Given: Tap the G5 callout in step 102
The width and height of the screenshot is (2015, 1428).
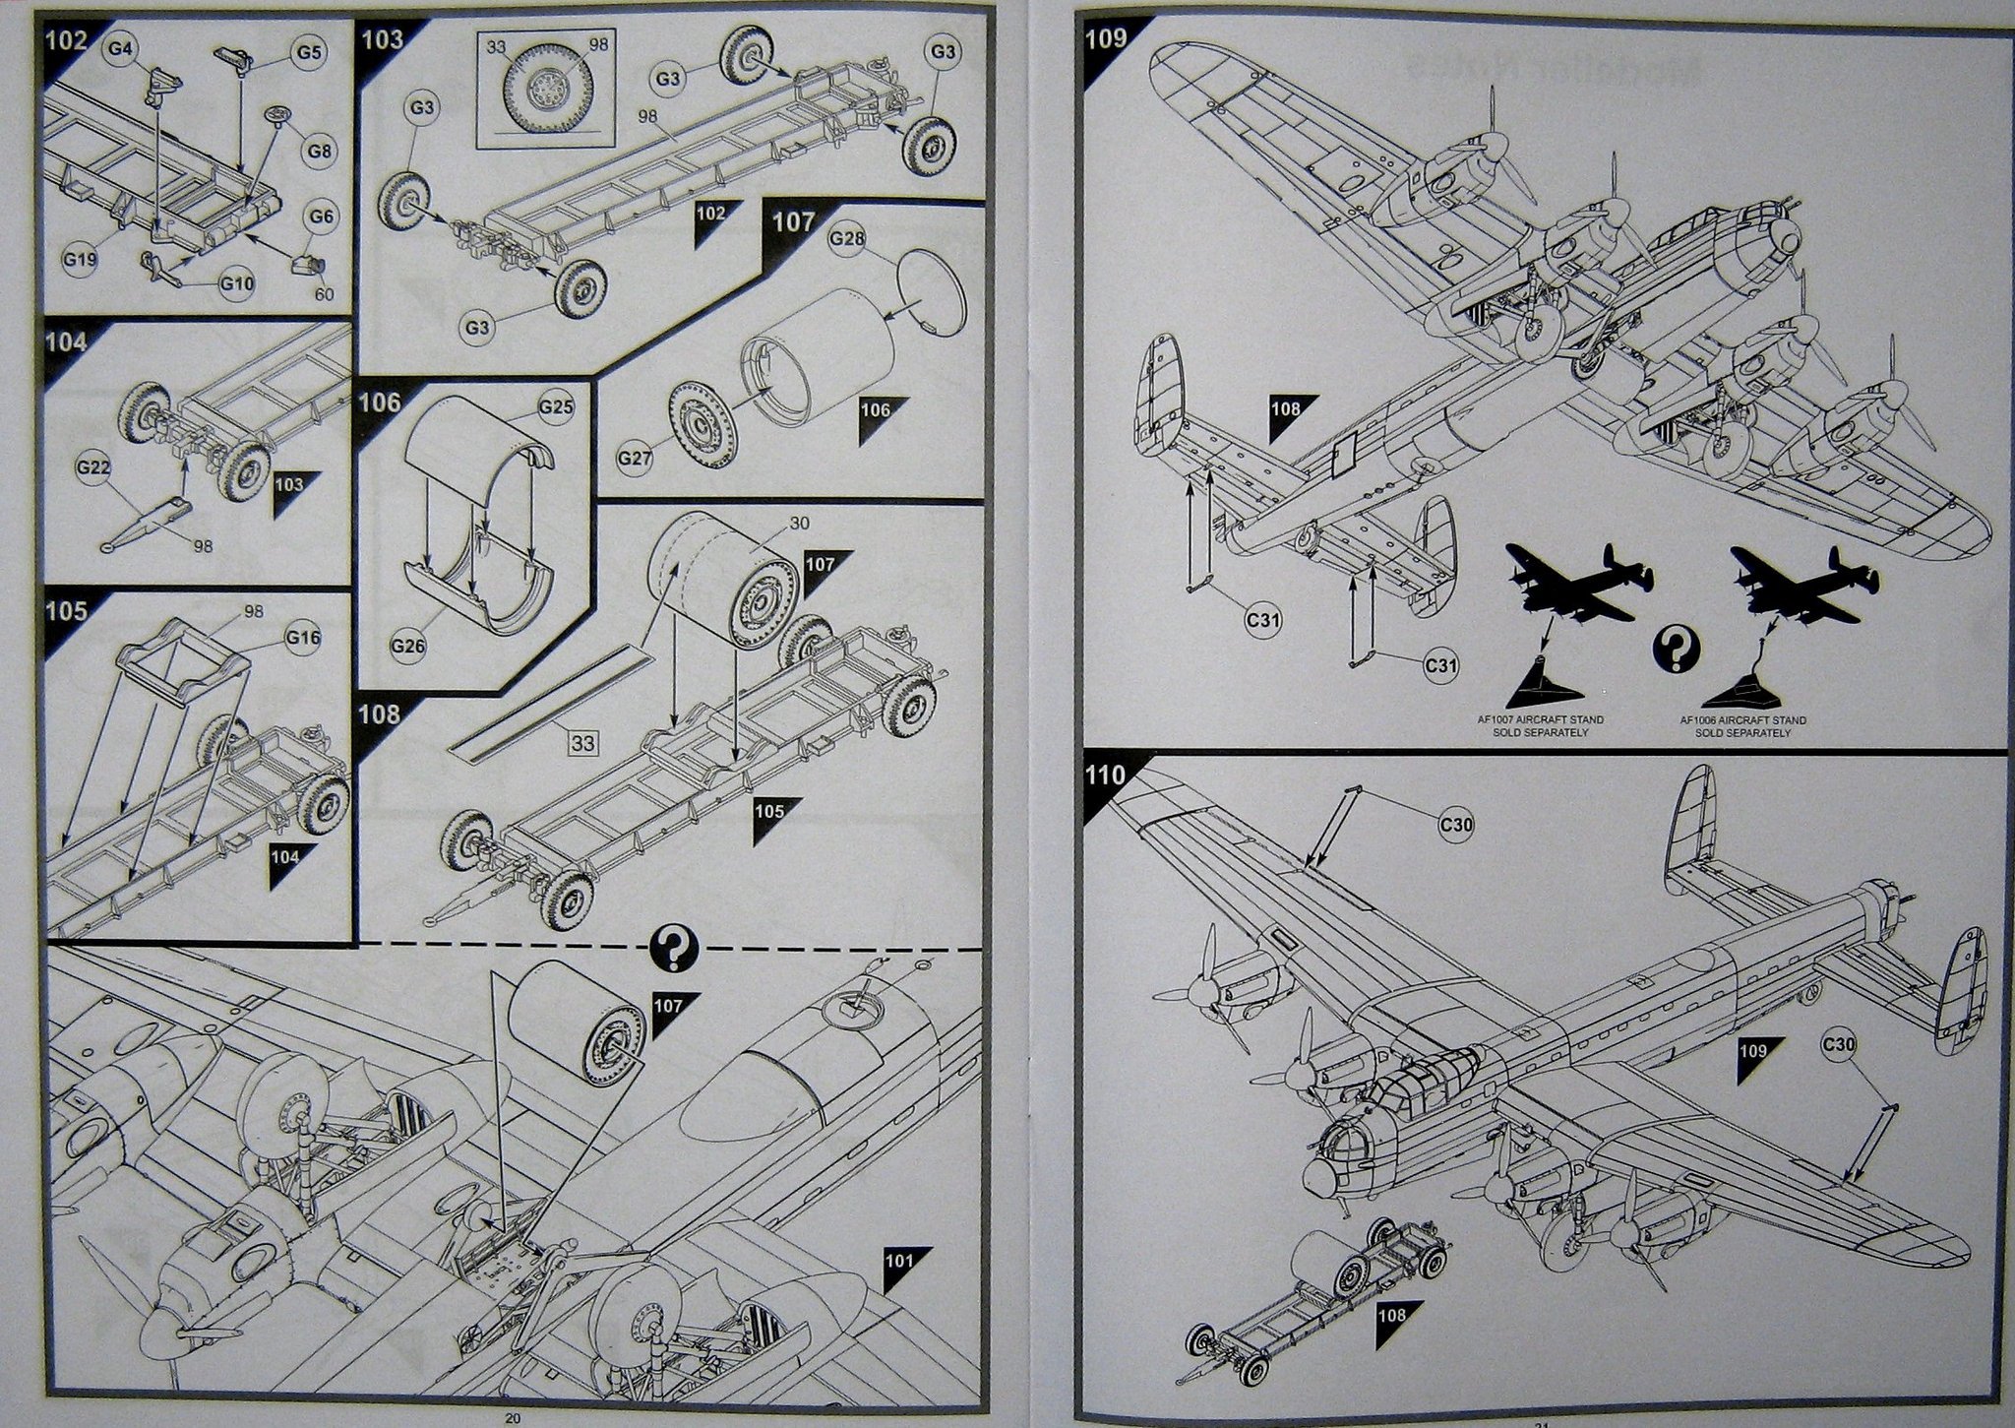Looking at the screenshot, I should coord(310,52).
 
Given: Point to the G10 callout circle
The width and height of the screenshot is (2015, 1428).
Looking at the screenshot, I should coord(236,283).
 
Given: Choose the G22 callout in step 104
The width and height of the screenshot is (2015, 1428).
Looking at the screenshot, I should coord(92,469).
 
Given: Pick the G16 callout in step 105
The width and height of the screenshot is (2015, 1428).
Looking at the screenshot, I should coord(303,638).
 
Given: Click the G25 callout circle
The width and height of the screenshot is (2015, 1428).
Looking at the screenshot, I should coord(555,405).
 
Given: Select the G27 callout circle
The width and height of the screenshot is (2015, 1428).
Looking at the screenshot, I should coord(636,458).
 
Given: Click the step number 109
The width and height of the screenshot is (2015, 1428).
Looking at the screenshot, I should coord(1105,38).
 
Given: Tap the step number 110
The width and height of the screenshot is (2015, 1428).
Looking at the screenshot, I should coord(1105,775).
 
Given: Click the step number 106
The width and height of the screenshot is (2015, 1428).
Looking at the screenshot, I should coord(380,402).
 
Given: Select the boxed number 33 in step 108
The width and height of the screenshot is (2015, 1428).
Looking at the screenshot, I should coord(582,743).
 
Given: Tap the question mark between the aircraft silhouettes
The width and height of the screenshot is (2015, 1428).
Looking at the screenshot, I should coord(1676,651).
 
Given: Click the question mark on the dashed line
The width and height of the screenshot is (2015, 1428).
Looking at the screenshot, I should coord(674,950).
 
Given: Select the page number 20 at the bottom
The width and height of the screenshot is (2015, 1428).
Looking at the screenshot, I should coord(512,1418).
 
